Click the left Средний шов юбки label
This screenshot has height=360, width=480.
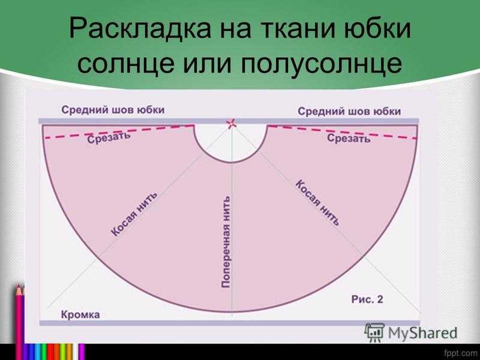click(113, 110)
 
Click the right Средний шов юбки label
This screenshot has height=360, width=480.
click(349, 111)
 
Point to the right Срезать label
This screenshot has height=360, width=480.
click(349, 138)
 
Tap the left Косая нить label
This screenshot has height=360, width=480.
click(134, 214)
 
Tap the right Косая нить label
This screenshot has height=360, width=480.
click(318, 203)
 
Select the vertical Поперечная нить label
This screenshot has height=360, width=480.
click(226, 242)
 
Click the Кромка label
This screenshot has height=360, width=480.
click(80, 314)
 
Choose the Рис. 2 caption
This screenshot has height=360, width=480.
click(367, 299)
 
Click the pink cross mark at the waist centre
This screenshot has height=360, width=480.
click(232, 124)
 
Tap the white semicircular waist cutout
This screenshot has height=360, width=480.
click(231, 144)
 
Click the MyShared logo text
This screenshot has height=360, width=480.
click(422, 333)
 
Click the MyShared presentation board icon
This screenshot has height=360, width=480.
click(374, 332)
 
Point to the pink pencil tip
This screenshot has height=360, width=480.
click(19, 289)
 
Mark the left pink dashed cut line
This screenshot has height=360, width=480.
click(119, 132)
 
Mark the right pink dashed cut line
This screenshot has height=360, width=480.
click(342, 132)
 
